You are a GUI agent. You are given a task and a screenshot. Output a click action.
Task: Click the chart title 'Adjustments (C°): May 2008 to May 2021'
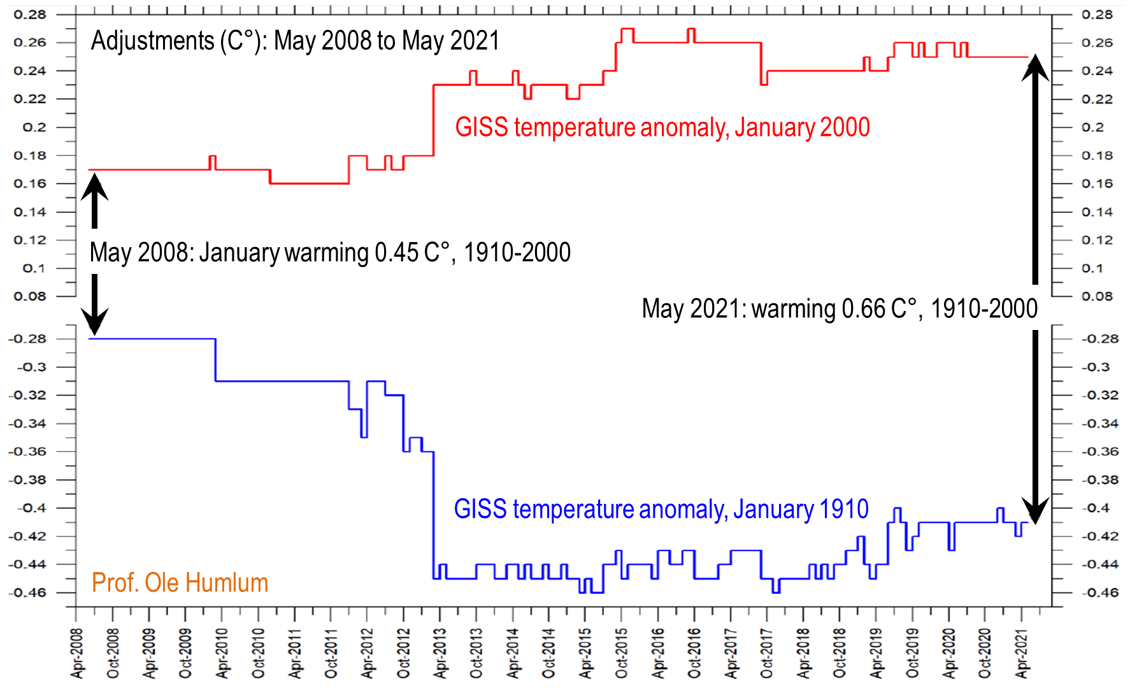point(295,41)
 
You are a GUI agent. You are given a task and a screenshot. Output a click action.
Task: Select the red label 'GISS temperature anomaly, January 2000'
point(662,127)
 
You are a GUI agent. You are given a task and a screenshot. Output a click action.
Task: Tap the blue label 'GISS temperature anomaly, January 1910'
point(661,510)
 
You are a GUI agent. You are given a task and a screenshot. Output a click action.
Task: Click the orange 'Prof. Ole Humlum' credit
point(180,583)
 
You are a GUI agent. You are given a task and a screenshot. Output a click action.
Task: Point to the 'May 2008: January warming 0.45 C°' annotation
point(330,253)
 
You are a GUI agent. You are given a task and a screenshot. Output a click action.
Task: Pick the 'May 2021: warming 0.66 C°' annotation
point(840,309)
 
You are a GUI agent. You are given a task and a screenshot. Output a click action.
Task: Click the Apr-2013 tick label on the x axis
point(441,653)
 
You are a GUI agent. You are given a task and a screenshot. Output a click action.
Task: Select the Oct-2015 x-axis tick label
point(622,653)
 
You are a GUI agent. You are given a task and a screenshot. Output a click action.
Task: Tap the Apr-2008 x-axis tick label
point(77,653)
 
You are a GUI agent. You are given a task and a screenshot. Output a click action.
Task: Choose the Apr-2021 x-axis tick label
point(1022,653)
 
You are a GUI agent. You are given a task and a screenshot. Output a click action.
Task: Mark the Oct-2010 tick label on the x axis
point(259,653)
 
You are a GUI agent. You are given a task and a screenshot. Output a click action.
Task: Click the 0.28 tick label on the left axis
point(30,15)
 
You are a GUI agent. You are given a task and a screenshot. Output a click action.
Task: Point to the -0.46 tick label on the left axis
point(28,592)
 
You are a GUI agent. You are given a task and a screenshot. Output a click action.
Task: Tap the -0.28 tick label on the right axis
point(1100,338)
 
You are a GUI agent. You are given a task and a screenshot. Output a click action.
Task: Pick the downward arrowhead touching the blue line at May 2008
point(95,322)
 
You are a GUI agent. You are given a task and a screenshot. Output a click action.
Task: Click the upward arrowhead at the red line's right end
point(1035,68)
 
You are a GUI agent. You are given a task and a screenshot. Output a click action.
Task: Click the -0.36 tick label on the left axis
point(28,452)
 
